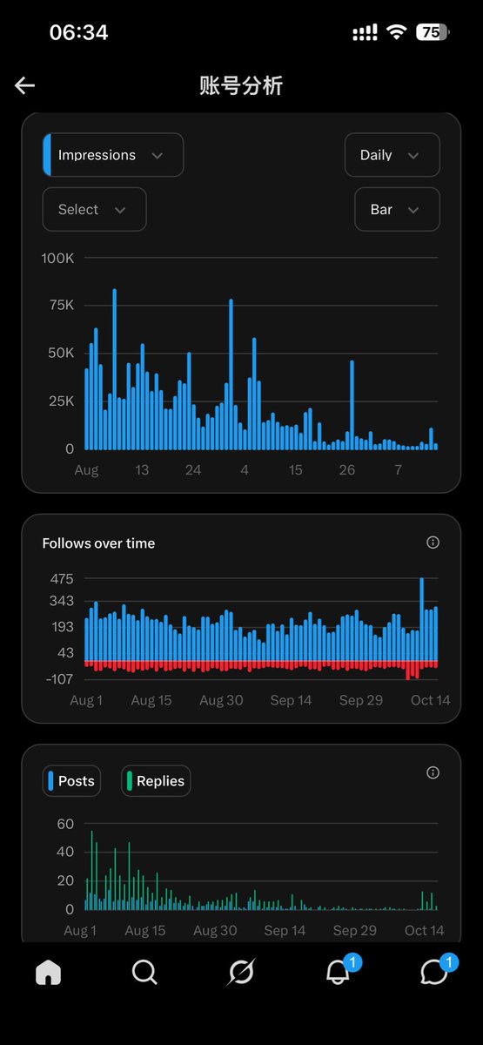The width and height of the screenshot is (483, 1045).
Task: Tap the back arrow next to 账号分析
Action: pyautogui.click(x=24, y=85)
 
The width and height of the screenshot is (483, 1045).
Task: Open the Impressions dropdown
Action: pyautogui.click(x=113, y=155)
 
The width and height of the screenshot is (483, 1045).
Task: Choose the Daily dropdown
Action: pyautogui.click(x=392, y=155)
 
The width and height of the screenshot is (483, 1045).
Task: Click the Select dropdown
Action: pyautogui.click(x=94, y=210)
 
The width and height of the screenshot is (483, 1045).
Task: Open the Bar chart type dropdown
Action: pyautogui.click(x=397, y=210)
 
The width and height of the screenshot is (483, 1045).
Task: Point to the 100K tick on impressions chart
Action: pyautogui.click(x=57, y=258)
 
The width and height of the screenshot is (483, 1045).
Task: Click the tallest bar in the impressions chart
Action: pyautogui.click(x=115, y=369)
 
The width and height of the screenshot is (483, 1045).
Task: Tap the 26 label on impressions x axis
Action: pyautogui.click(x=347, y=469)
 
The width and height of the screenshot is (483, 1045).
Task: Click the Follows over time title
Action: pyautogui.click(x=98, y=543)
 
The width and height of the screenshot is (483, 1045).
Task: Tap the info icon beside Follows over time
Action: pyautogui.click(x=433, y=542)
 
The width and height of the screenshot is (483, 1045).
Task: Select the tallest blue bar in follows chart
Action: pyautogui.click(x=422, y=619)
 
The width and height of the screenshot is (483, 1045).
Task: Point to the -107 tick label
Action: pyautogui.click(x=60, y=678)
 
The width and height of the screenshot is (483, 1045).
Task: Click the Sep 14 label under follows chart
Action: pyautogui.click(x=291, y=700)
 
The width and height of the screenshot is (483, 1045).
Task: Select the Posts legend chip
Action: pyautogui.click(x=71, y=781)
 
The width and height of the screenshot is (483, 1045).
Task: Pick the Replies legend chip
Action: pyautogui.click(x=156, y=781)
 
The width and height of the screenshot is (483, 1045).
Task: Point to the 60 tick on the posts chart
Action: pyautogui.click(x=65, y=824)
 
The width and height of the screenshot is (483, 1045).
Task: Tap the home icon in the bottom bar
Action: pyautogui.click(x=48, y=973)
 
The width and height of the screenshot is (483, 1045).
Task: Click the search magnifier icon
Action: pyautogui.click(x=144, y=973)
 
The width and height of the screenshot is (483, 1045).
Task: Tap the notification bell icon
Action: pyautogui.click(x=338, y=973)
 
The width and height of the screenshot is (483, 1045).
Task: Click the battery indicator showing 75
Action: pyautogui.click(x=433, y=32)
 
